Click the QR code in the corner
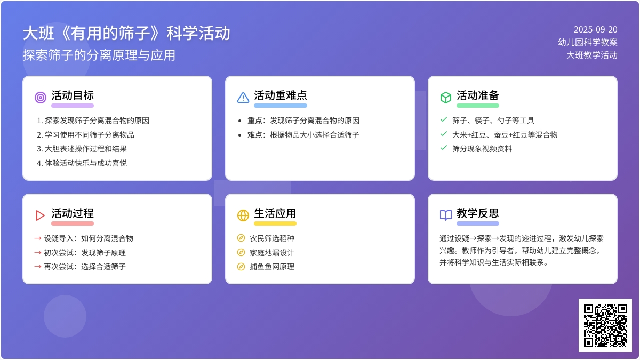tap(605, 325)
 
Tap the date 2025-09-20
tap(595, 29)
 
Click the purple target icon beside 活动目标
tap(41, 98)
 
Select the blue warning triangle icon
tap(243, 98)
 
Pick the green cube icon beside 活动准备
tap(446, 98)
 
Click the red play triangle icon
tap(40, 215)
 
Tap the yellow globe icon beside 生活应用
tap(243, 215)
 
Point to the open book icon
tap(446, 215)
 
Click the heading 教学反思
tap(478, 213)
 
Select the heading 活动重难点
tap(281, 95)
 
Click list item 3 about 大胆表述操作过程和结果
tap(82, 149)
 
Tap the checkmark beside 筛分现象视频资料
tap(443, 148)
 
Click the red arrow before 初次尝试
tap(38, 253)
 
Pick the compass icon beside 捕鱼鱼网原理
tap(241, 267)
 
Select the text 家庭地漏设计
tap(271, 253)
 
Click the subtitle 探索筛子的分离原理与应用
tap(99, 55)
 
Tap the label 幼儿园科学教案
tap(588, 42)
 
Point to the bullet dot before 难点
tap(239, 135)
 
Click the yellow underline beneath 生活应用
tap(275, 223)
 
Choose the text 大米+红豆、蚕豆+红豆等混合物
tap(505, 134)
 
